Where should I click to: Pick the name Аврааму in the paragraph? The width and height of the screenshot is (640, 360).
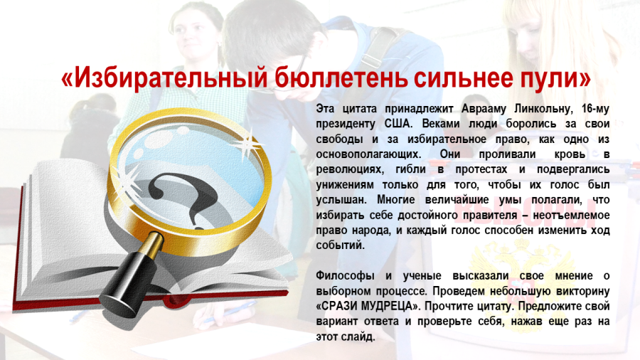coord(484,109)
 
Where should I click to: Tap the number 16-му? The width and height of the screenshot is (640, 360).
coord(595,109)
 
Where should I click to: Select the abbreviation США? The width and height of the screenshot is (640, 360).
coord(398,124)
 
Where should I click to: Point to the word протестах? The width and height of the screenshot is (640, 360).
coord(481,169)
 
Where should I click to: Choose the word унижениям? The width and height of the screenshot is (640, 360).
coord(344,185)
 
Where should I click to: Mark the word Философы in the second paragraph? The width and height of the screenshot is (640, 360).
coord(345,276)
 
